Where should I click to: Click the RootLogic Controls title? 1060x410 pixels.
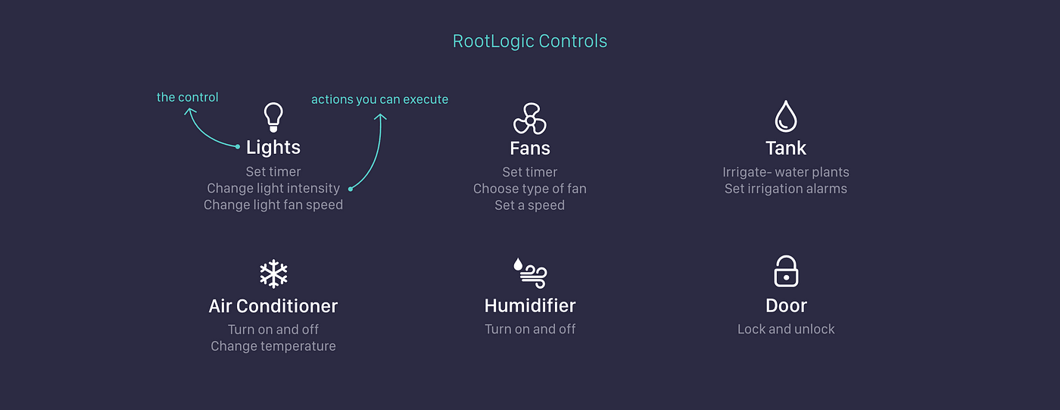point(529,41)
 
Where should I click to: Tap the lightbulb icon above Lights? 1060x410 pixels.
point(273,117)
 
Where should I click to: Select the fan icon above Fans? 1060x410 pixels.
point(529,119)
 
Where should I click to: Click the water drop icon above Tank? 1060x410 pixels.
point(786,117)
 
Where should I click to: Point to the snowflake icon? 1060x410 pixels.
point(273,274)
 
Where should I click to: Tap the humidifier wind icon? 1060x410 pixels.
point(530,273)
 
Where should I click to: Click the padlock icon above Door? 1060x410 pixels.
point(786,271)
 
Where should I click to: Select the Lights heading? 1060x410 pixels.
point(273,147)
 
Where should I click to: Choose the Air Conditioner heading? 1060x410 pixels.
point(273,306)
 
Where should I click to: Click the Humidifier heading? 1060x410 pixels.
point(530,305)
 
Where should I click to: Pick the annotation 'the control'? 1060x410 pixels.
point(188,97)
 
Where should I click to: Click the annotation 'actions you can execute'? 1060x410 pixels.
point(379,99)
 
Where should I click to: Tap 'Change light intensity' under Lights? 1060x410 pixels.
point(273,188)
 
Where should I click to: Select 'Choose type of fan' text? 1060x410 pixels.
point(529,189)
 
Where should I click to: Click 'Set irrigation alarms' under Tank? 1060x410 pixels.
point(786,189)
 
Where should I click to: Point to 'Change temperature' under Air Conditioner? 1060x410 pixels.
point(273,346)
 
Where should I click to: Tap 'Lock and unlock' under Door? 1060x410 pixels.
point(786,329)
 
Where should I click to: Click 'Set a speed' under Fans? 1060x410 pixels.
point(529,205)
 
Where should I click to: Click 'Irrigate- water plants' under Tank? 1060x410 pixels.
point(786,172)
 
